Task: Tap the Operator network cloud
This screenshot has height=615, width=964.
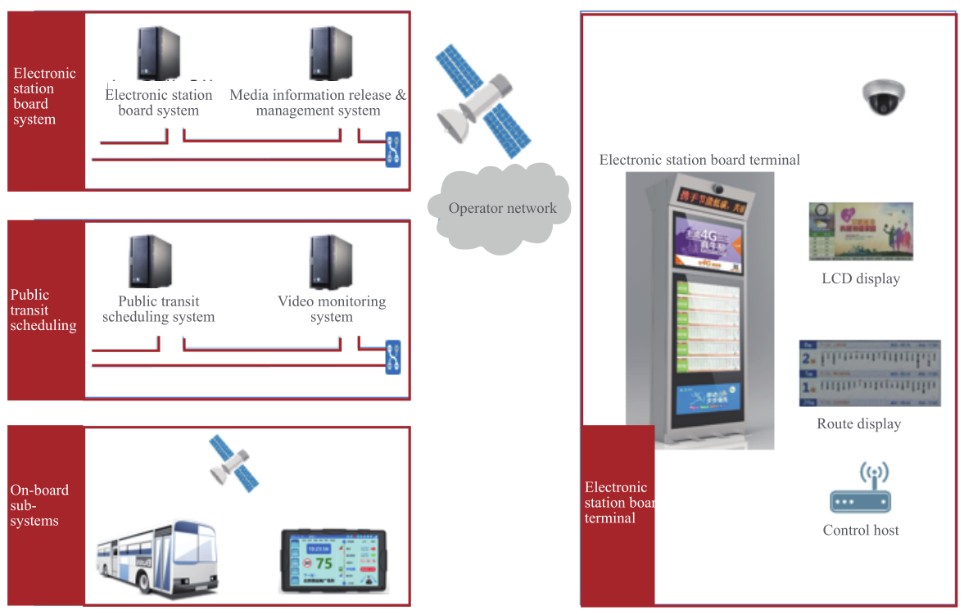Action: (502, 208)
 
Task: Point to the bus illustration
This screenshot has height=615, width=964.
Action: (156, 558)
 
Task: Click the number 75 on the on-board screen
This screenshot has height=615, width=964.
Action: (324, 563)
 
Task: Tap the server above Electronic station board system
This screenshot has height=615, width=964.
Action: (159, 52)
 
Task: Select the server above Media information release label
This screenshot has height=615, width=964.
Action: (331, 52)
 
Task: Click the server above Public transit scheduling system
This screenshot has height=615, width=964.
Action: (151, 261)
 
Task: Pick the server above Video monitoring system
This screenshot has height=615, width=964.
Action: (331, 261)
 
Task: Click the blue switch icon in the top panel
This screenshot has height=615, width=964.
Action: (394, 149)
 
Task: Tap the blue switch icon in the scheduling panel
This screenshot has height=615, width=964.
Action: (394, 357)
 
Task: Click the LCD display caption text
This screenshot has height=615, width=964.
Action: (860, 278)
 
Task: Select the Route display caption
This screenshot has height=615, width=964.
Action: (858, 423)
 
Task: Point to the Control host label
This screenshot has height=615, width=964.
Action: (860, 530)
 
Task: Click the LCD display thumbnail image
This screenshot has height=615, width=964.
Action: (860, 232)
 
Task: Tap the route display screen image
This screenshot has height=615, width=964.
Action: (869, 373)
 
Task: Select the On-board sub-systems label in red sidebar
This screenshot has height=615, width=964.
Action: (39, 505)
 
